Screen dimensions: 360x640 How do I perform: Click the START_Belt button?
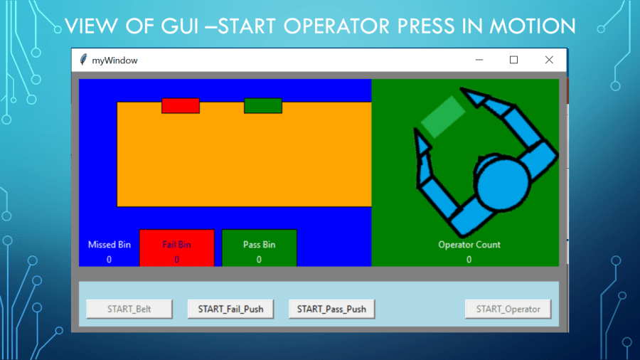pos(129,309)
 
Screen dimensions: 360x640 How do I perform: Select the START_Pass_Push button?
pos(331,309)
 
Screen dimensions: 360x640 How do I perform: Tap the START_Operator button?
pos(508,309)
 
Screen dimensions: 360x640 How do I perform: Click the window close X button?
pos(549,60)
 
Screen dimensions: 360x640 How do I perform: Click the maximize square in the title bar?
pos(513,60)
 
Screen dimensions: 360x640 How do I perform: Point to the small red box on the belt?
pos(181,106)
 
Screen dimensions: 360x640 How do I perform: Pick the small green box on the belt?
pos(263,106)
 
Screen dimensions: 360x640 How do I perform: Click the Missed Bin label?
pos(110,245)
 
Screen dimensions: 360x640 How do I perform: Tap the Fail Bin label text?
pos(176,245)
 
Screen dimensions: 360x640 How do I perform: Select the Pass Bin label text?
pos(259,245)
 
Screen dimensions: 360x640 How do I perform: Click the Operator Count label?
pos(469,245)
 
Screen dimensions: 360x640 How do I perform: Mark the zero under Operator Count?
pos(469,260)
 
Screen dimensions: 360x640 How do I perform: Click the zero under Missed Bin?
pos(110,260)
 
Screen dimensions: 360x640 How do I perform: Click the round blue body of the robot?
pos(502,183)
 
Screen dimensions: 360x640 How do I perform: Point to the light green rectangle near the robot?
pos(443,116)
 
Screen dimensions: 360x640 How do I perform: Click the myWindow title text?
pos(115,60)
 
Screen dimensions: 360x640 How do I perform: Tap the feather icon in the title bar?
pos(84,60)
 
